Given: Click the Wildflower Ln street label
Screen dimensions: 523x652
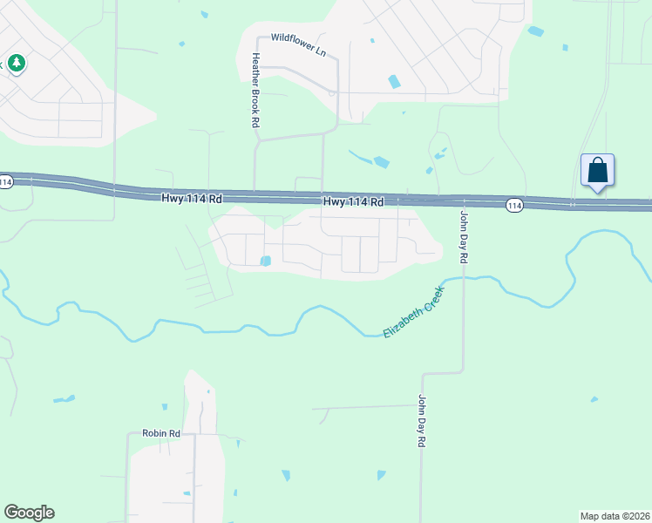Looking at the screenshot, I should click(x=297, y=44).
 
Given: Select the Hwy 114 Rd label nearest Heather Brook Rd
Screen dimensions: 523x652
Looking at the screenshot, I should click(x=192, y=199).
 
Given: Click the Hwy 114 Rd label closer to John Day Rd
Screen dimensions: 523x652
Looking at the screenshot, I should click(x=354, y=201).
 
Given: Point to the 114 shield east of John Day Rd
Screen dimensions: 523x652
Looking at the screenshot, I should click(x=514, y=205).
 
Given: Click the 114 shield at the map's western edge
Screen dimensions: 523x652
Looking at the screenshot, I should click(x=6, y=182).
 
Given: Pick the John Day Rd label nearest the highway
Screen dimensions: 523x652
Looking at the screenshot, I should click(x=465, y=237).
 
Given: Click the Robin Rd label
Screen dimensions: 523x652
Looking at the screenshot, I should click(x=161, y=433).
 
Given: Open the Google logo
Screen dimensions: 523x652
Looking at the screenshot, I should click(x=30, y=513).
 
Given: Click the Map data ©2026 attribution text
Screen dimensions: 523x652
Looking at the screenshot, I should click(x=615, y=515).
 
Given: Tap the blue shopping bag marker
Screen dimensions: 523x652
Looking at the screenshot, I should click(x=598, y=170).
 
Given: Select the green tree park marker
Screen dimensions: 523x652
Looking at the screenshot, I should click(x=17, y=64).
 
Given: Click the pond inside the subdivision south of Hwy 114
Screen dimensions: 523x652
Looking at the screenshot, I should click(x=265, y=260).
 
